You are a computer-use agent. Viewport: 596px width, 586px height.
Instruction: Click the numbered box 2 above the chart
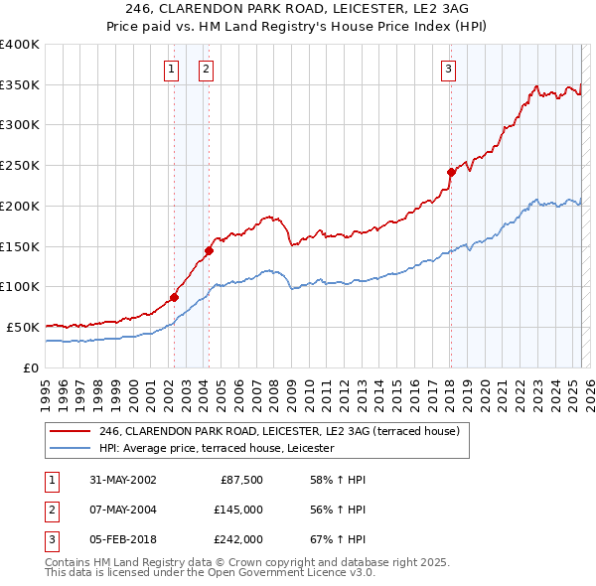pyautogui.click(x=205, y=69)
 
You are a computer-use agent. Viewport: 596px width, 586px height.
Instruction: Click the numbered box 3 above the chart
pyautogui.click(x=449, y=69)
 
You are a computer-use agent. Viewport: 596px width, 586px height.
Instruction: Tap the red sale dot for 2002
pyautogui.click(x=174, y=297)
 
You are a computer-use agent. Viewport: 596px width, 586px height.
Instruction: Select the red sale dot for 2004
pyautogui.click(x=209, y=250)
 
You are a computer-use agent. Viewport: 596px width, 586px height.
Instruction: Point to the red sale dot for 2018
pyautogui.click(x=450, y=172)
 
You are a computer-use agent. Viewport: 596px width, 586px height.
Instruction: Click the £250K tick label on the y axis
pyautogui.click(x=20, y=165)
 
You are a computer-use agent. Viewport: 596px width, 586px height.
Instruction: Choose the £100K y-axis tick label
pyautogui.click(x=20, y=286)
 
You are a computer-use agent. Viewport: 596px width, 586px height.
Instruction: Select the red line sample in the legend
pyautogui.click(x=71, y=432)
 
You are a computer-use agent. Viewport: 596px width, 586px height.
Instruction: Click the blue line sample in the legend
pyautogui.click(x=71, y=449)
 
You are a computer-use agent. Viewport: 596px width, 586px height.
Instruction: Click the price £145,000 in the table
pyautogui.click(x=238, y=510)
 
